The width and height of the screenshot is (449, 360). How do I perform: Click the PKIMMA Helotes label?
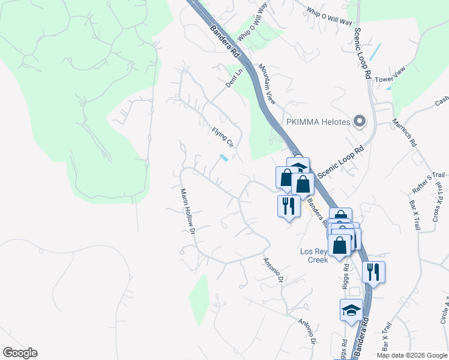pos(318,122)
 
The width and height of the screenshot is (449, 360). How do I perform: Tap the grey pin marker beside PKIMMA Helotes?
pos(360,122)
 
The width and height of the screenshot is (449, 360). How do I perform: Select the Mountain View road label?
pos(267,85)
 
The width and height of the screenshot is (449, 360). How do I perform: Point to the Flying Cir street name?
pos(222,137)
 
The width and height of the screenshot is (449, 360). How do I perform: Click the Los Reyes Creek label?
pos(314,256)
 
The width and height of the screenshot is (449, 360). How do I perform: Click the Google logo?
pos(20,353)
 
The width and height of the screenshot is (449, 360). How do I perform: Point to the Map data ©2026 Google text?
pos(411,355)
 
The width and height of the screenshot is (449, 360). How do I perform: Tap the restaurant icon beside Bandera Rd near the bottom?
pos(373,272)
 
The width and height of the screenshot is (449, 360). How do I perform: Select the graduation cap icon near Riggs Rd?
pos(351,310)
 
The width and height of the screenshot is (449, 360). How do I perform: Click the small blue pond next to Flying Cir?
pos(224,158)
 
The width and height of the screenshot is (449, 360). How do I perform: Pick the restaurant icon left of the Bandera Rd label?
pos(289,206)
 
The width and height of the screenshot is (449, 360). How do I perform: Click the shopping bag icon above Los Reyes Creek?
pos(340,245)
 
